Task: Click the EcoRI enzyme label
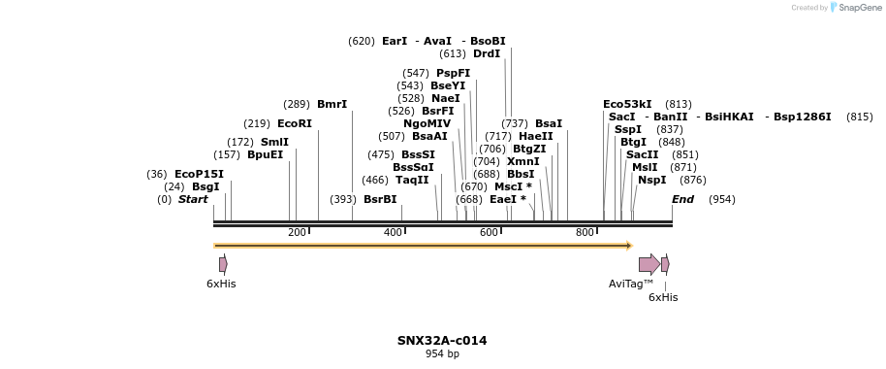pyautogui.click(x=295, y=123)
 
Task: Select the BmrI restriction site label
pyautogui.click(x=332, y=104)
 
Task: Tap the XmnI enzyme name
pyautogui.click(x=522, y=161)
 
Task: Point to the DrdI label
pyautogui.click(x=487, y=53)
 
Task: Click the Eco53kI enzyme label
pyautogui.click(x=627, y=104)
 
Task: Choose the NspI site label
pyautogui.click(x=651, y=180)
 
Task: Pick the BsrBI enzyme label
pyautogui.click(x=380, y=199)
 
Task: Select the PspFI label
pyautogui.click(x=453, y=73)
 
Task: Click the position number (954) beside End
pyautogui.click(x=721, y=199)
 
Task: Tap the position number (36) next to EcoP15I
pyautogui.click(x=157, y=174)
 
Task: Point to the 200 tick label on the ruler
pyautogui.click(x=297, y=232)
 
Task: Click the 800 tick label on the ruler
pyautogui.click(x=585, y=232)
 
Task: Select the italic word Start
pyautogui.click(x=193, y=199)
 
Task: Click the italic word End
pyautogui.click(x=682, y=199)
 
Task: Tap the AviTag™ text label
pyautogui.click(x=631, y=284)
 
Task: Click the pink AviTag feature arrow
pyautogui.click(x=649, y=264)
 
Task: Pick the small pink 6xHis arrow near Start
pyautogui.click(x=223, y=264)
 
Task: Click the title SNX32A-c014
pyautogui.click(x=442, y=341)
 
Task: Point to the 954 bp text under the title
pyautogui.click(x=442, y=354)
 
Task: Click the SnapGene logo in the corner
pyautogui.click(x=854, y=8)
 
